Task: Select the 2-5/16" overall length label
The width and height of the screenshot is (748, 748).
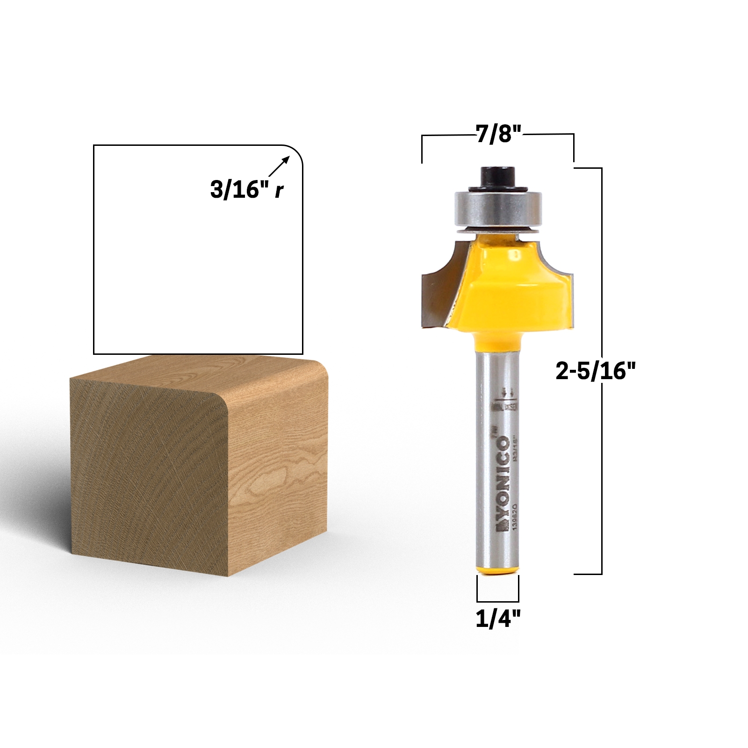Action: [596, 372]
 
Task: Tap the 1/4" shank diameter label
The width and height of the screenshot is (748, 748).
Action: [498, 620]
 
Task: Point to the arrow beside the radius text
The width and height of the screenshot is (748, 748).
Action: [279, 166]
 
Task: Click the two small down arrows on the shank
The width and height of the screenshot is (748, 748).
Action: [507, 392]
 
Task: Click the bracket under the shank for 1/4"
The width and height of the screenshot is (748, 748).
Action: [498, 601]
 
